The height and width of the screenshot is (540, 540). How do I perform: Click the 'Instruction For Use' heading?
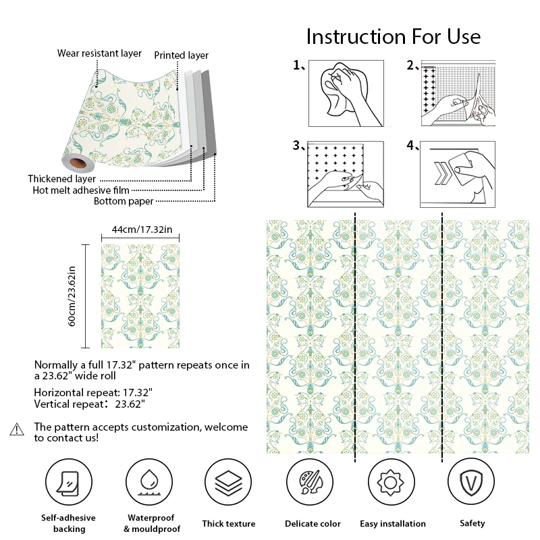pos(394,36)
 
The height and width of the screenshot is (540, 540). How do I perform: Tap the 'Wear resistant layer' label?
pos(99,53)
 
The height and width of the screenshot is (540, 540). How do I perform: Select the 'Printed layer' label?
pos(182,55)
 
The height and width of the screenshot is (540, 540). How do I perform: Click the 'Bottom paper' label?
pos(124,201)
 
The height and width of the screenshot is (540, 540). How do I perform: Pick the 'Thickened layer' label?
pos(61,179)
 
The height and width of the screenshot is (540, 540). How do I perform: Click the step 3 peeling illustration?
pos(346,173)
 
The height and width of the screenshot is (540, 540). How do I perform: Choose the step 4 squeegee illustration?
pos(458,173)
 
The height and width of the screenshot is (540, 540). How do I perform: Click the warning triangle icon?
pos(18,429)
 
